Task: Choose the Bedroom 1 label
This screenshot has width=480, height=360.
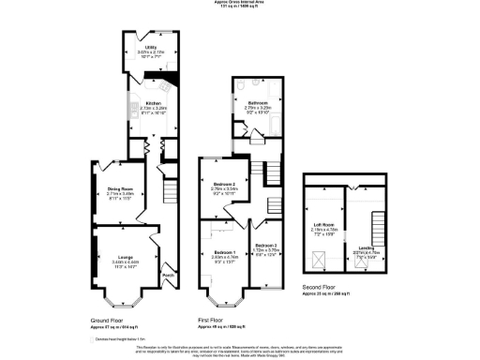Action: (224, 252)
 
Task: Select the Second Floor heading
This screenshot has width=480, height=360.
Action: (323, 288)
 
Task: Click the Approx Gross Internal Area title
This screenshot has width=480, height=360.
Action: (239, 3)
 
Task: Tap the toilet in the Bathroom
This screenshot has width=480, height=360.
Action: (240, 84)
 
